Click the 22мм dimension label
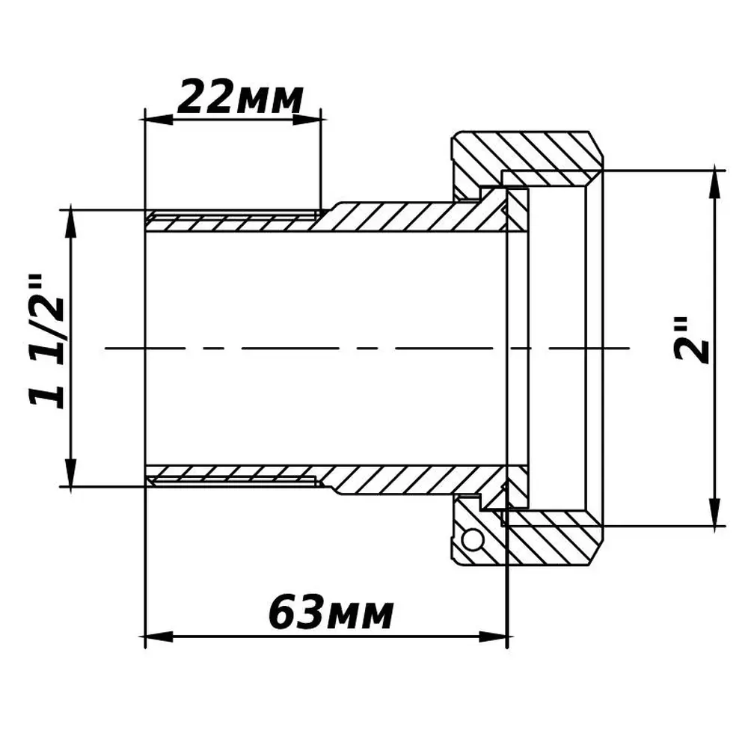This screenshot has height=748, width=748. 240,99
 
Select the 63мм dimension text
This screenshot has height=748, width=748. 331,612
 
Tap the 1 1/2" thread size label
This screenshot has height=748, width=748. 47,343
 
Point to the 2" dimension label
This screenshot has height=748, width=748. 690,340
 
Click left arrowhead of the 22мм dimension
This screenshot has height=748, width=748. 158,119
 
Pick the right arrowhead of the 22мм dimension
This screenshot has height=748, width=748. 307,119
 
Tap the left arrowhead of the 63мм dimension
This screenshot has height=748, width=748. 159,637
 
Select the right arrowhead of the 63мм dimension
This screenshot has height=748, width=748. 493,637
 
